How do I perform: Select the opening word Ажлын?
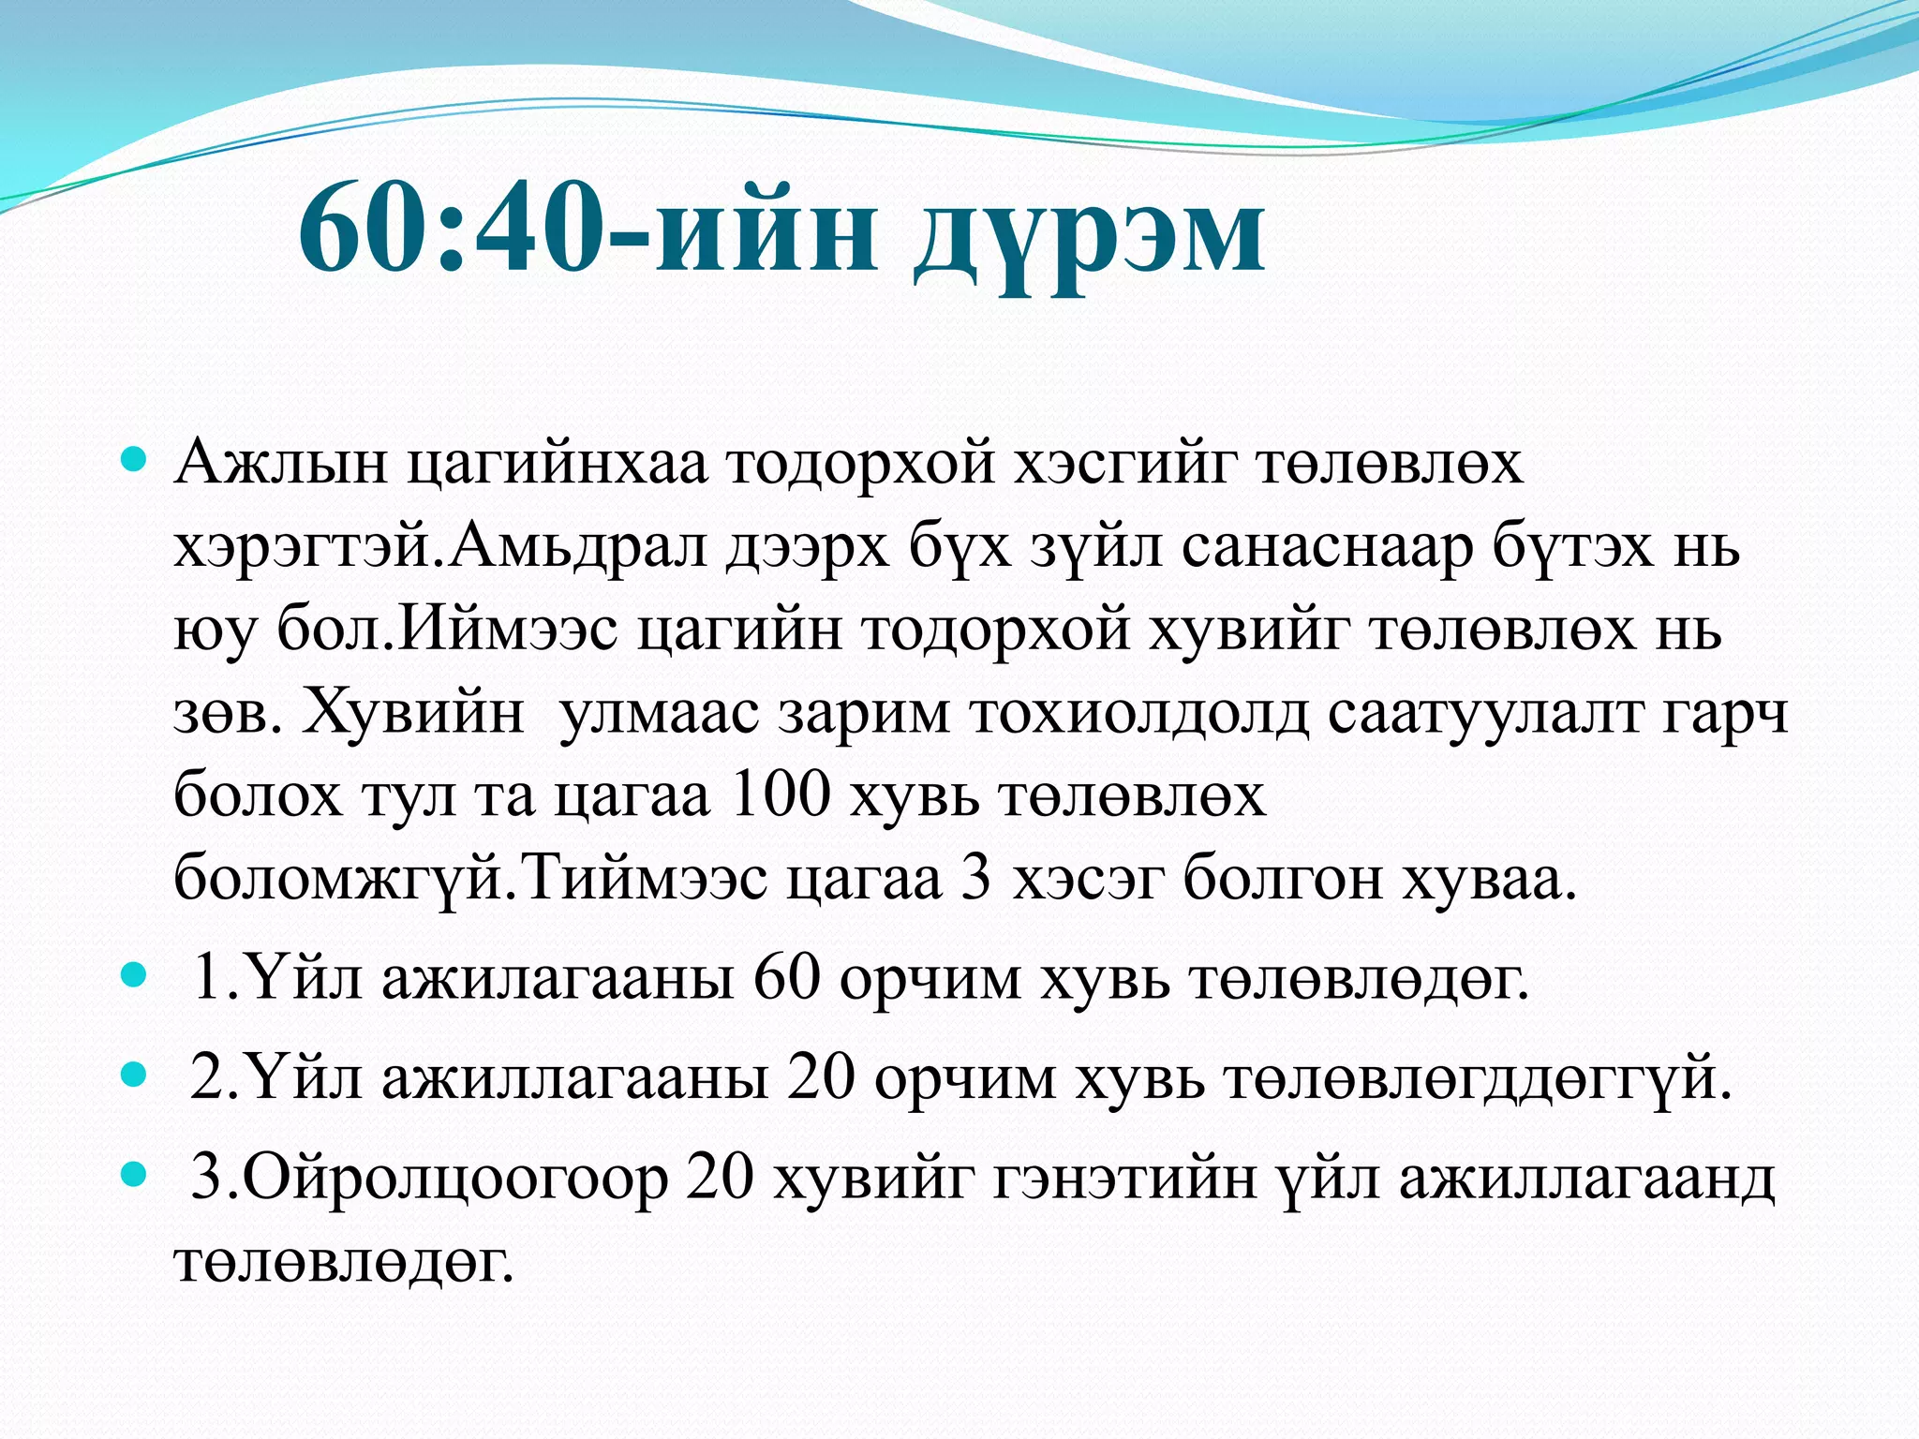click(x=281, y=463)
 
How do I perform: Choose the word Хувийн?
click(x=413, y=713)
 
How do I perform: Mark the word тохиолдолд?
click(x=1139, y=713)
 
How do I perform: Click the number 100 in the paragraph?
click(x=779, y=795)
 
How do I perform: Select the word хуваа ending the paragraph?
click(x=1489, y=879)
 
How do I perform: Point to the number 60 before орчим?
click(x=787, y=978)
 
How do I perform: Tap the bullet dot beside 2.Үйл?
click(x=135, y=1076)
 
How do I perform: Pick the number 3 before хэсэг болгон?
click(x=976, y=879)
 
